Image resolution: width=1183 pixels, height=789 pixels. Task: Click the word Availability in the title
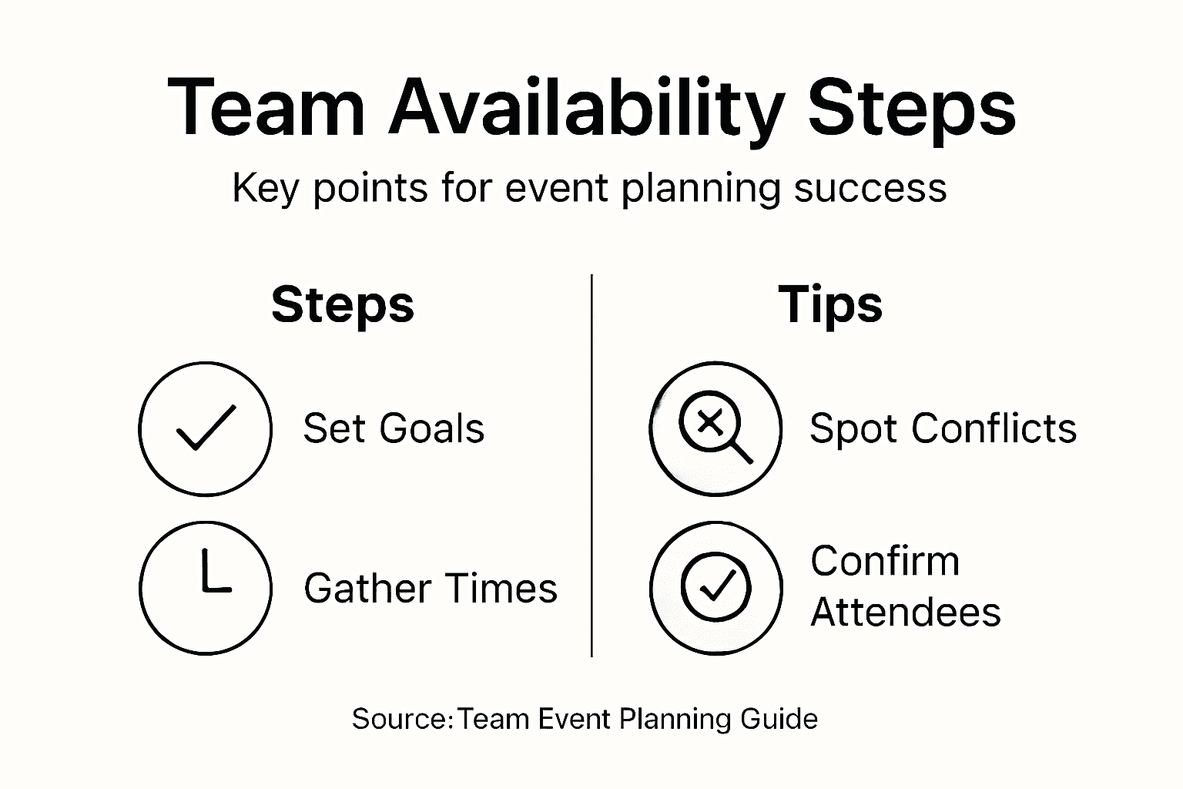[x=586, y=109]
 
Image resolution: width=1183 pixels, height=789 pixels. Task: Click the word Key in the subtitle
[x=266, y=190]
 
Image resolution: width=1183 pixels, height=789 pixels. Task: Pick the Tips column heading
[x=830, y=305]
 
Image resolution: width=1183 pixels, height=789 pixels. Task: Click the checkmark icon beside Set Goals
[x=206, y=428]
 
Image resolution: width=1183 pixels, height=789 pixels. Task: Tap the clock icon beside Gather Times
[x=206, y=588]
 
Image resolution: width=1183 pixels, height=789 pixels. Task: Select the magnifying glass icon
[x=715, y=428]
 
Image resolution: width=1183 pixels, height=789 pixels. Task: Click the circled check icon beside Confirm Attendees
[x=715, y=588]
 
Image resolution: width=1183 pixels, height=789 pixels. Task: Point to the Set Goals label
[x=394, y=428]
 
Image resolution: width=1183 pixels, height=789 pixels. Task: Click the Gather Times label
[x=431, y=588]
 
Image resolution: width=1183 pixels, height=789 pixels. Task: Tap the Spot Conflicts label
[x=943, y=428]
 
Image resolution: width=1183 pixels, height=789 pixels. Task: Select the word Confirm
[x=885, y=561]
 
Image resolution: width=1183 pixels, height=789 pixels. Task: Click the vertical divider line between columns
[x=591, y=465]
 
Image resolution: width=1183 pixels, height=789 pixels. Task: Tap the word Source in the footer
[x=400, y=719]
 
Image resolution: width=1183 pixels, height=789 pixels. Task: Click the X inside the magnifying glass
[x=710, y=423]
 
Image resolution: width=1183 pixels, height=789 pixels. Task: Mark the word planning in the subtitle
[x=701, y=190]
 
